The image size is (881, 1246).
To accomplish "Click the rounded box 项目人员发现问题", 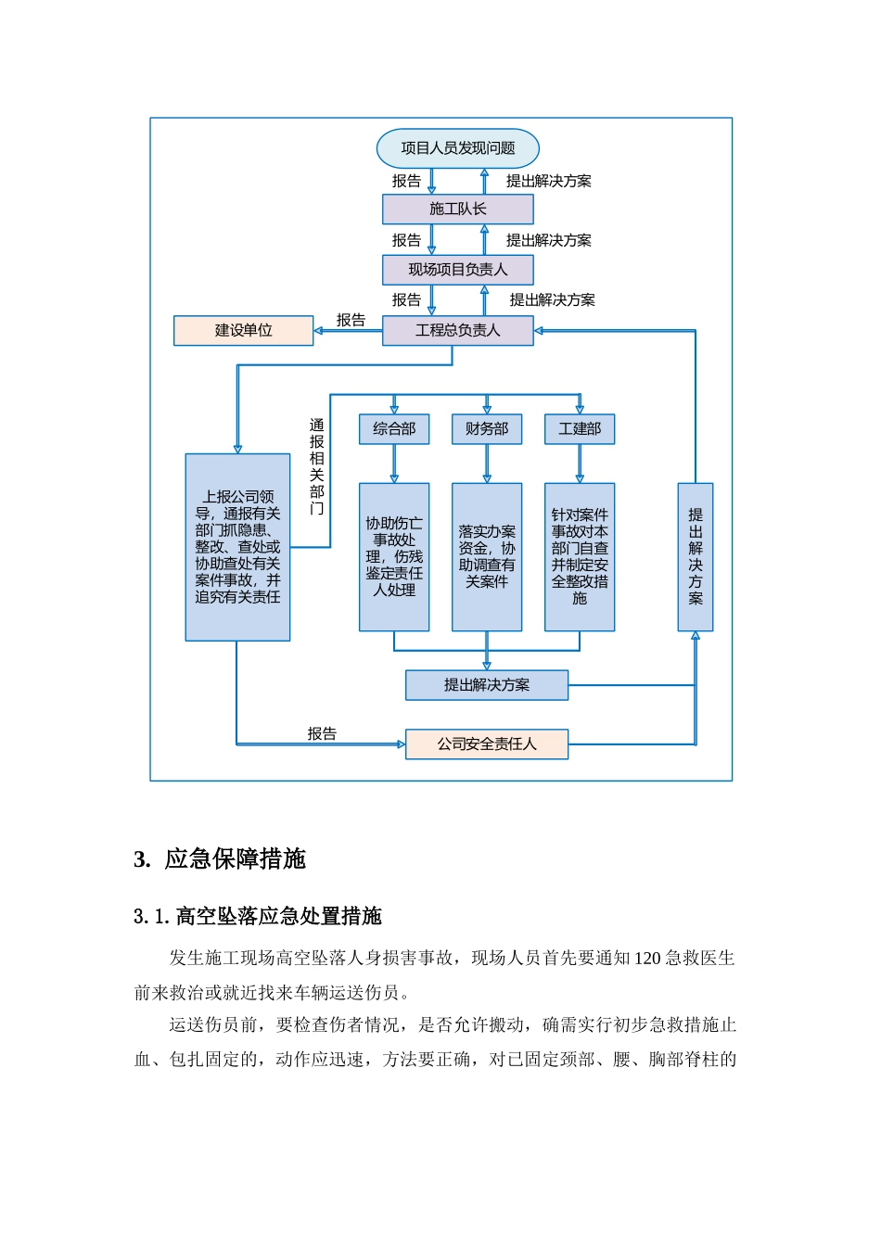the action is point(457,148).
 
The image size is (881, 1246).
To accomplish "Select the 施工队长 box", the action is point(457,210).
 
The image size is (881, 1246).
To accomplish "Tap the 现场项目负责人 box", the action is point(457,270).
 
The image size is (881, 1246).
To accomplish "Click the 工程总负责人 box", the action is point(457,330).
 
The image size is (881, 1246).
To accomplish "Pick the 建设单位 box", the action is point(243,330).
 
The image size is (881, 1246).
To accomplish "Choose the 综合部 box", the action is point(394,429).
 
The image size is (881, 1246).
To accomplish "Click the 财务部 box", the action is point(487,429).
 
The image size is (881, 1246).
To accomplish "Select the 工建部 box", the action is point(580,429).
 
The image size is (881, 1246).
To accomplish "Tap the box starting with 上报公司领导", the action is point(237,547).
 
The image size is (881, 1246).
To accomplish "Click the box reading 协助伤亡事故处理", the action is point(394,557).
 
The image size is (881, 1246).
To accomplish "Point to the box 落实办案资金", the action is point(487,557).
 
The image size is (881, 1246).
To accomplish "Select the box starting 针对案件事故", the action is point(580,557).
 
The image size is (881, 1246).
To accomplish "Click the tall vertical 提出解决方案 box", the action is point(696,557).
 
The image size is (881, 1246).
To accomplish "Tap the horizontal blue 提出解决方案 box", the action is point(487,685).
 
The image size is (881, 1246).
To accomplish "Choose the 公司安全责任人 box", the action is point(487,744).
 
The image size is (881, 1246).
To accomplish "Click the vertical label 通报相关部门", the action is point(316,466).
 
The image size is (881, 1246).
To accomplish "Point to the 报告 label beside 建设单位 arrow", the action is point(351,320).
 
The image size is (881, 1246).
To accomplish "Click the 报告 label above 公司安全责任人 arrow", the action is point(322,733).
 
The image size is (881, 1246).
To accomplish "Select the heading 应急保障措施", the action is point(235,858).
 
